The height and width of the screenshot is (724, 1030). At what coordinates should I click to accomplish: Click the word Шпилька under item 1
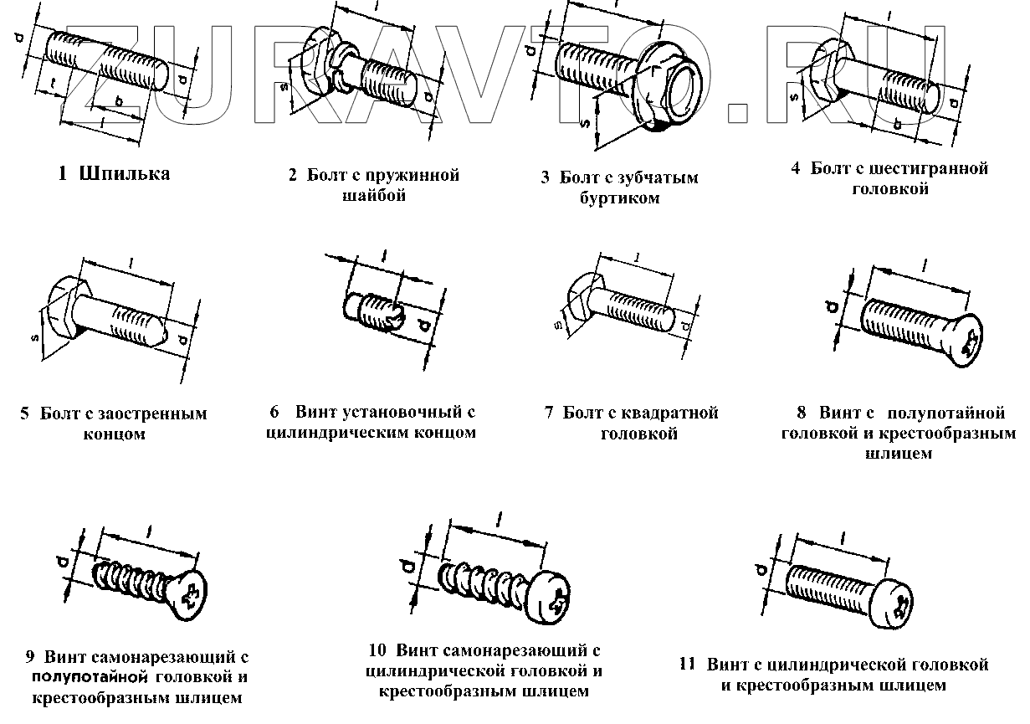[125, 174]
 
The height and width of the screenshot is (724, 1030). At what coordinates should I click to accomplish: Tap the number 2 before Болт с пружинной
[293, 176]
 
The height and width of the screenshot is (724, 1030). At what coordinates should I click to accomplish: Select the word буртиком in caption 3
[619, 198]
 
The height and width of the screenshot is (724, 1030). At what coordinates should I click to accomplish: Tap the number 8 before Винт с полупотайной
[802, 413]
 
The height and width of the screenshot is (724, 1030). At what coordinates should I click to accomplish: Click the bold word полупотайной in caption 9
[90, 676]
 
